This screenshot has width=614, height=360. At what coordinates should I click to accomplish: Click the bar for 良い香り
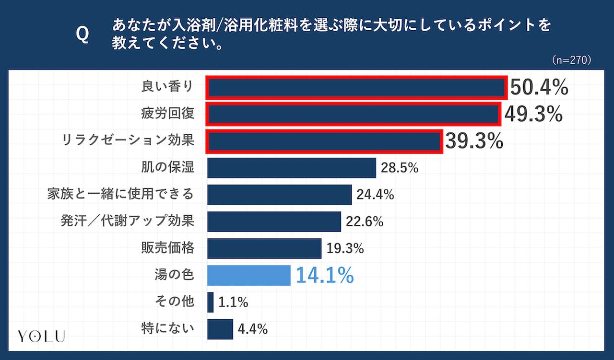tap(357, 88)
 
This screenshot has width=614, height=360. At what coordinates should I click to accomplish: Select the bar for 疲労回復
tap(354, 115)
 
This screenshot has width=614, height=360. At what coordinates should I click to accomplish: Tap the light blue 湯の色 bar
tap(248, 276)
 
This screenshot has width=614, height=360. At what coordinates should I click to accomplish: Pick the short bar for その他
tap(211, 302)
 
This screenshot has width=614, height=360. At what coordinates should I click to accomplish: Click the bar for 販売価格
tap(264, 249)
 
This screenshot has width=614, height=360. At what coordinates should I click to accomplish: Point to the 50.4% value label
tap(539, 88)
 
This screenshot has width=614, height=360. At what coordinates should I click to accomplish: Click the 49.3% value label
tap(533, 115)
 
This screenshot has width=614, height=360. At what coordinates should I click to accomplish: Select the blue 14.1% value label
tap(325, 276)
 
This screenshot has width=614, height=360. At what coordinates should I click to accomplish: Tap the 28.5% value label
tap(400, 168)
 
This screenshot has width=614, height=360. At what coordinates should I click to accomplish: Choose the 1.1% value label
tap(233, 302)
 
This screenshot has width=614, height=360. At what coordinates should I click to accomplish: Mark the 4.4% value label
tap(252, 329)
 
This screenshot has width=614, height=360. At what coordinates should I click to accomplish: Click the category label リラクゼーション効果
tap(128, 141)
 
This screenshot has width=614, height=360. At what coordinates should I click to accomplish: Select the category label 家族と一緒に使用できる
tap(120, 194)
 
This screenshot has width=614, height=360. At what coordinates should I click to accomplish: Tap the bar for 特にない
tap(220, 329)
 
